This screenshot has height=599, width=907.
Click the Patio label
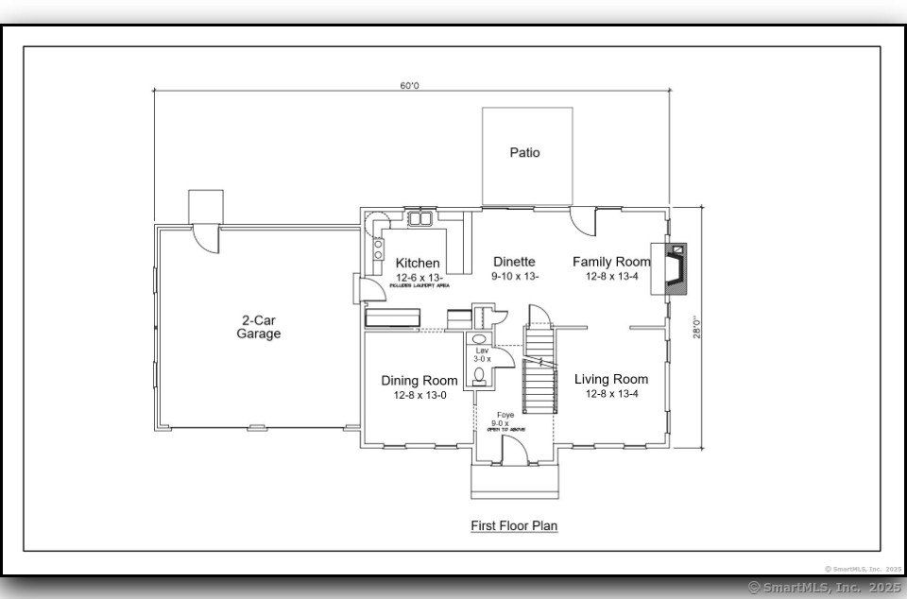point(524,152)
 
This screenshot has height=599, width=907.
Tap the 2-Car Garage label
point(258,327)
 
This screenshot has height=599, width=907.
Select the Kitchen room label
point(417,263)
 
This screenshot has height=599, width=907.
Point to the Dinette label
point(514,262)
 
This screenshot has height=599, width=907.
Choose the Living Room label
point(611,380)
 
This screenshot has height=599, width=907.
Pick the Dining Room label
point(419,381)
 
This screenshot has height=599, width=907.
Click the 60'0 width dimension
point(408,86)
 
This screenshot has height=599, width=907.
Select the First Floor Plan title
point(514,524)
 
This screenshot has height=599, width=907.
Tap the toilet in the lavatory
point(479,376)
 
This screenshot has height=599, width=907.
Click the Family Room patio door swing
point(583,222)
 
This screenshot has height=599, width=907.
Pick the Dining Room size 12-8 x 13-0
point(419,395)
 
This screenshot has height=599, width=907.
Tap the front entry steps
point(514,481)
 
